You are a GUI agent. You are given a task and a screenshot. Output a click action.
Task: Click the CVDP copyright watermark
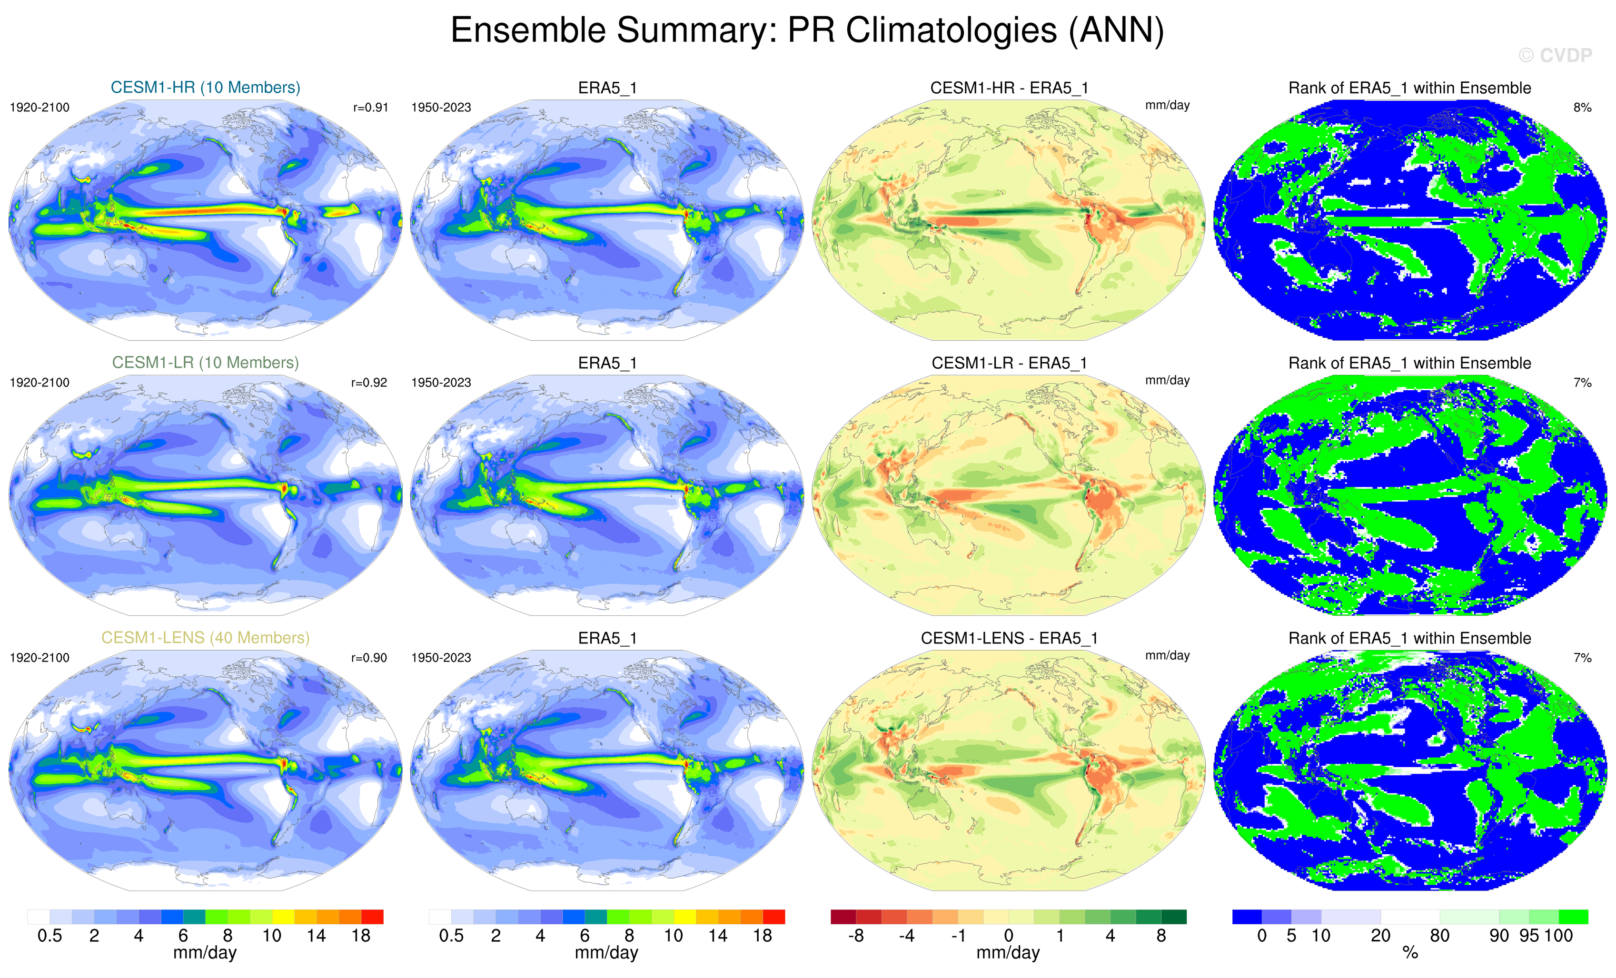click(x=1554, y=56)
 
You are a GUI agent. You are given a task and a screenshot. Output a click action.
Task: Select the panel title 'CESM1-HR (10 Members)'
click(x=205, y=87)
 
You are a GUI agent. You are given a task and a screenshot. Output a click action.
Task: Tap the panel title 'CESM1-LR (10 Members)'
click(x=205, y=362)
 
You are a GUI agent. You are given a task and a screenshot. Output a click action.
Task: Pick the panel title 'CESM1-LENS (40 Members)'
click(x=205, y=638)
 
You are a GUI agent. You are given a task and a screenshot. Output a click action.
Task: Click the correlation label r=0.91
click(x=370, y=108)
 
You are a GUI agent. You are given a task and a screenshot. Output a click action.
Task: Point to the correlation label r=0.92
click(x=369, y=383)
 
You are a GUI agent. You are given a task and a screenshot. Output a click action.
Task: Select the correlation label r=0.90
click(x=369, y=658)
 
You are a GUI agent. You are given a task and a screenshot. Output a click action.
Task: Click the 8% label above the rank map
click(x=1582, y=108)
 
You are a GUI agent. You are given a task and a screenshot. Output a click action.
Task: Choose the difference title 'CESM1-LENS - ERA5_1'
click(x=1009, y=638)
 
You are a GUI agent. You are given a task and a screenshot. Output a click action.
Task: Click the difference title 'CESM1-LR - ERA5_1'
click(x=1009, y=363)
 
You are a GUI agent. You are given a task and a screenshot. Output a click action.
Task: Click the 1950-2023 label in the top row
click(x=441, y=108)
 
